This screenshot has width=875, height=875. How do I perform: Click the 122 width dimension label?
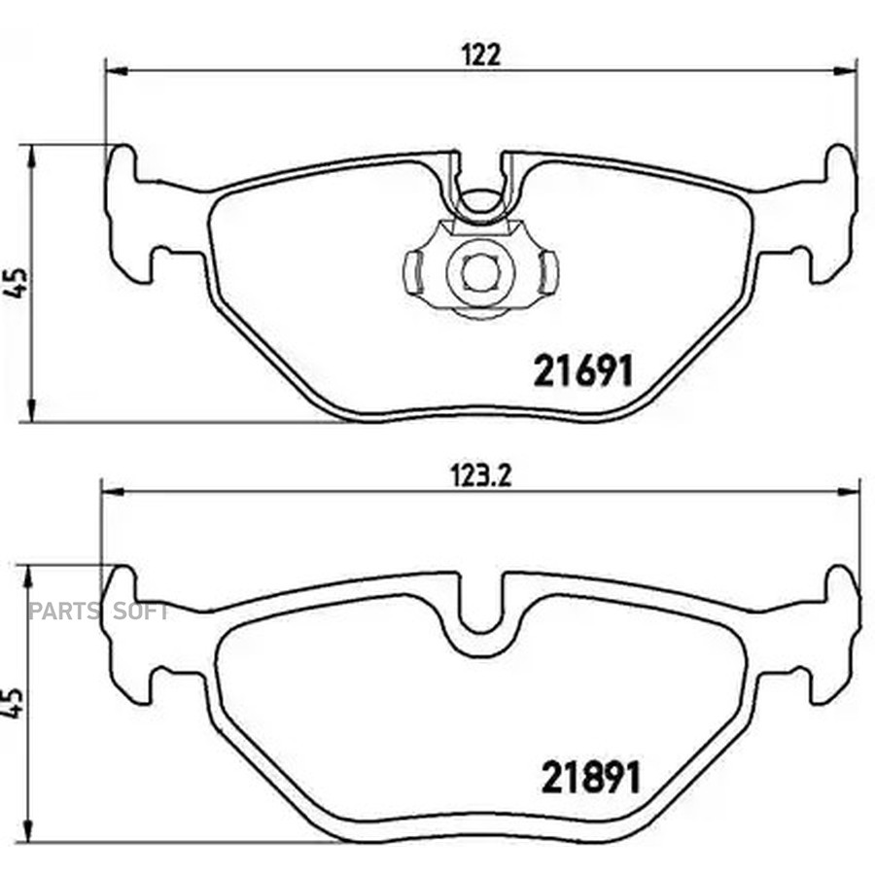[x=481, y=54]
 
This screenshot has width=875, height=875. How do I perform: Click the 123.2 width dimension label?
[x=480, y=476]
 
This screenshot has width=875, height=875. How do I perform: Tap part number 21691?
[x=583, y=370]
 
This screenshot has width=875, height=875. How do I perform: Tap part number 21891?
[x=590, y=778]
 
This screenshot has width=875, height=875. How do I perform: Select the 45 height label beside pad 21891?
[x=14, y=702]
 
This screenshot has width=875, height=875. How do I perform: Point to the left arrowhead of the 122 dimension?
[x=117, y=71]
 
